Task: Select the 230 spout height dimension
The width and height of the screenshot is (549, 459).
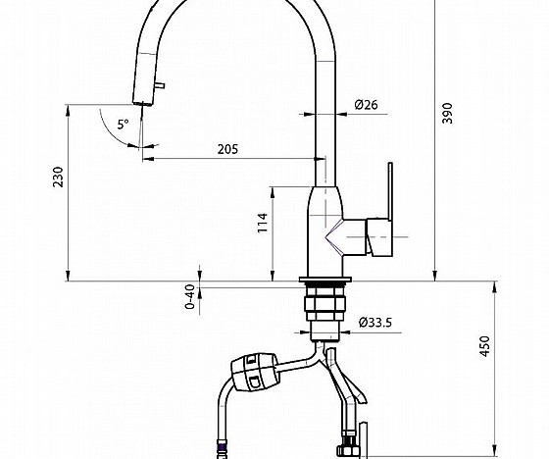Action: [58, 177]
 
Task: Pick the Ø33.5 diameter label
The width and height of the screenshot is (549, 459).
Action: [376, 323]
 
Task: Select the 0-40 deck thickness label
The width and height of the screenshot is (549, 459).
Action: [190, 295]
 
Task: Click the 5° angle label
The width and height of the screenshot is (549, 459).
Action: [123, 125]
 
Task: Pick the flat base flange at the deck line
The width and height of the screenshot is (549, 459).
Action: [324, 282]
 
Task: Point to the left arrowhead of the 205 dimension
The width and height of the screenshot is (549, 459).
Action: [147, 159]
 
